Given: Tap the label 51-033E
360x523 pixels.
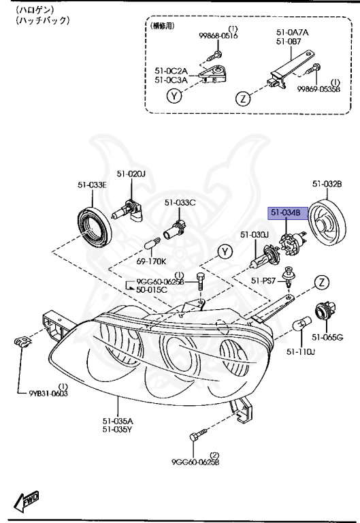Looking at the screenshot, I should (91, 184).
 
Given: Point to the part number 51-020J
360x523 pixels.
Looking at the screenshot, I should (130, 174).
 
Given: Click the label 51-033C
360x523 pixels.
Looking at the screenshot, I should (180, 202).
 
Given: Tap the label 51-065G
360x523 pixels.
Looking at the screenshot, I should (327, 337).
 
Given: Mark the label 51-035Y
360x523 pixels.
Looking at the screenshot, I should (118, 429).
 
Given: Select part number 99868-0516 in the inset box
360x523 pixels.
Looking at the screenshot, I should (219, 35).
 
